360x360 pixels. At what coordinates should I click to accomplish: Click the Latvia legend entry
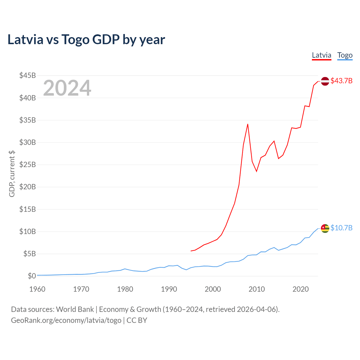(x=321, y=55)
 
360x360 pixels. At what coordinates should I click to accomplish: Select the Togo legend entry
(x=345, y=55)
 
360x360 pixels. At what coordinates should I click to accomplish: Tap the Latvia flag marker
(x=325, y=81)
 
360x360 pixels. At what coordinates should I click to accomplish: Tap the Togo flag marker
(x=325, y=228)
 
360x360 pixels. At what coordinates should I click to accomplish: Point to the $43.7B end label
(x=341, y=81)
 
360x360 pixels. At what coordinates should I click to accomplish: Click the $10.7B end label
(x=341, y=228)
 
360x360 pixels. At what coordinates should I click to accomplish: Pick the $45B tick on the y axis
(x=28, y=75)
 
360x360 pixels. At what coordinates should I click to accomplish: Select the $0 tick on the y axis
(x=32, y=276)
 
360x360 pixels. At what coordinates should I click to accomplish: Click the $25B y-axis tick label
(x=28, y=165)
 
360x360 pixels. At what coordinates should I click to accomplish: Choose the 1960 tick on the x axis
(x=37, y=289)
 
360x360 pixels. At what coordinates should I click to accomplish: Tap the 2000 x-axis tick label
(x=213, y=289)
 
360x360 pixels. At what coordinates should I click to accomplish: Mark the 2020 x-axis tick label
(x=301, y=289)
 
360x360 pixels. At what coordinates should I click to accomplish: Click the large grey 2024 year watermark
(x=67, y=88)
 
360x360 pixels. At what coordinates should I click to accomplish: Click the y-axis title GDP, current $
(x=12, y=174)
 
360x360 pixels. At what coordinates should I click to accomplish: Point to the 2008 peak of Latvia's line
(x=248, y=124)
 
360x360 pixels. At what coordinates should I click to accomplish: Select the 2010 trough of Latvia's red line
(x=256, y=171)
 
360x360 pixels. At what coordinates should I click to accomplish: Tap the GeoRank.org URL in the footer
(x=66, y=320)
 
